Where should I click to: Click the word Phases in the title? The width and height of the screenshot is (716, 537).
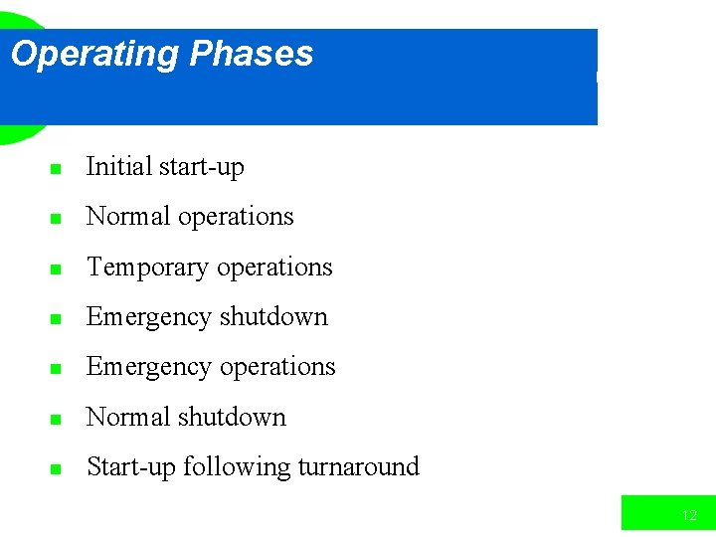pos(251,53)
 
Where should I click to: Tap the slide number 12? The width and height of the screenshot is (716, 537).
pos(689,515)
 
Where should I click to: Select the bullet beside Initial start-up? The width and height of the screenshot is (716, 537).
pos(56,168)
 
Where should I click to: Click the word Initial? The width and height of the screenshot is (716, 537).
pos(118,166)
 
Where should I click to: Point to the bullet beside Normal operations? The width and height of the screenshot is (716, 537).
pos(56,218)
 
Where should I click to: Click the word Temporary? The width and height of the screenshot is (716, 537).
pos(148,268)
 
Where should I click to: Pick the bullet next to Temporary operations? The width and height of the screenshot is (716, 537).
pos(56,268)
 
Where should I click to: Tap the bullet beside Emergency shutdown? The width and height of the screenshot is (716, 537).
pos(56,318)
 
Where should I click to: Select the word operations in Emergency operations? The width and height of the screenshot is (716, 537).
pos(275,367)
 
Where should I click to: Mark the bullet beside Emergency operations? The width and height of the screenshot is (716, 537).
pos(56,368)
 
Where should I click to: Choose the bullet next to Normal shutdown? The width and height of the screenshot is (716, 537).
pos(56,418)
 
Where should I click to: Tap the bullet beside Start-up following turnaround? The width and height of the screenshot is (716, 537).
pos(56,468)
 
